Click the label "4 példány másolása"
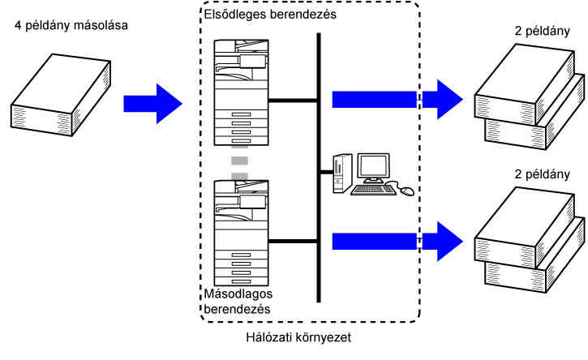[x=71, y=26]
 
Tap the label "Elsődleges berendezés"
[x=260, y=13]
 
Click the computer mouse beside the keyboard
[x=406, y=191]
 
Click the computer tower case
[x=341, y=171]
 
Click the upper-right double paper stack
[x=530, y=97]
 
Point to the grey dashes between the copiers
[x=239, y=164]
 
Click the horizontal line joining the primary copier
[x=292, y=101]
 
